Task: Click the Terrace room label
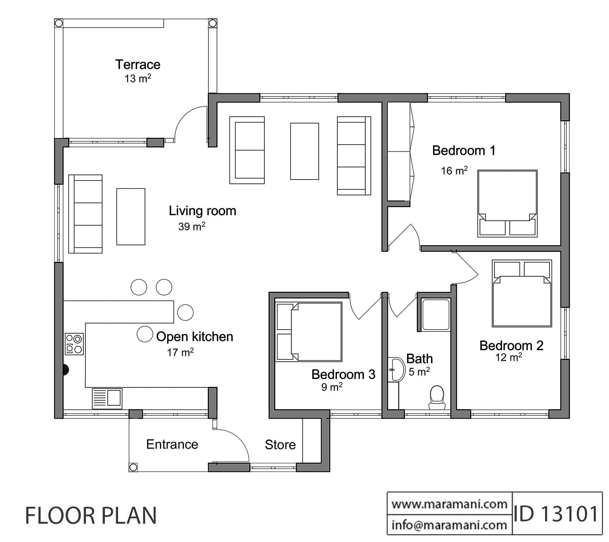(138, 64)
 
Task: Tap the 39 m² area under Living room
(191, 226)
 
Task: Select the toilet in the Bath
(437, 397)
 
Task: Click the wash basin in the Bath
(397, 369)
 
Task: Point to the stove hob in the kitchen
(74, 344)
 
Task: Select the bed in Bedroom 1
(507, 203)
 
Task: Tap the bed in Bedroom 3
(309, 332)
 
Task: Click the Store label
(280, 444)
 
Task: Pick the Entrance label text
(172, 444)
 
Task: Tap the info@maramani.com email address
(449, 525)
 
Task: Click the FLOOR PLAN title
(91, 516)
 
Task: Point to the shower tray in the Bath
(436, 315)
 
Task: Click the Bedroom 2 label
(511, 346)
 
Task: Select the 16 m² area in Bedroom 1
(454, 170)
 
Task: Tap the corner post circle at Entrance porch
(133, 467)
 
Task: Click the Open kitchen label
(195, 336)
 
